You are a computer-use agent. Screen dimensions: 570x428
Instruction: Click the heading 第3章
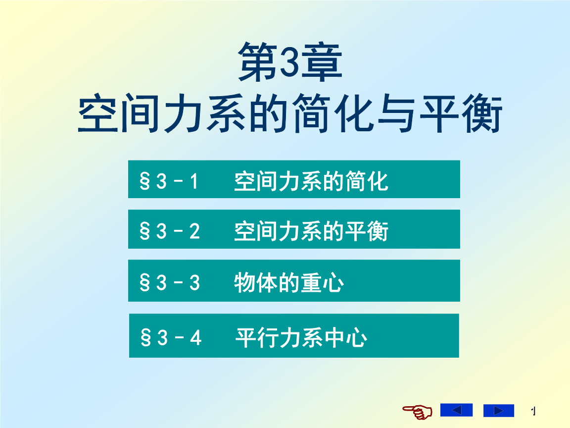coord(290,62)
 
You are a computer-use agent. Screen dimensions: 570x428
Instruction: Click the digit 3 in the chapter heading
coord(290,62)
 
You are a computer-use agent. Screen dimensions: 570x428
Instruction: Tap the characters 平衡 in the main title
coord(461,113)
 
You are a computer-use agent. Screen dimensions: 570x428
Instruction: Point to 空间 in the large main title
coord(119,113)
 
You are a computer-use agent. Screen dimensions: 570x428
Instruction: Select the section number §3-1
coord(169,181)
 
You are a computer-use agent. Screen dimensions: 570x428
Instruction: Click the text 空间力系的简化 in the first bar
coord(311,181)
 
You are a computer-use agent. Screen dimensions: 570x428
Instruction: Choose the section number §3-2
coord(170,231)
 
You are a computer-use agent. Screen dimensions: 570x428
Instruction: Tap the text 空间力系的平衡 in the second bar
coord(311,231)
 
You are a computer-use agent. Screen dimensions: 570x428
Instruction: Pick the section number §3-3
coord(170,282)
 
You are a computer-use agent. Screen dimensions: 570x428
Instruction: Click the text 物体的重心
coord(289,282)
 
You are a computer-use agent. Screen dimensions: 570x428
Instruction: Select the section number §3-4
coord(171,338)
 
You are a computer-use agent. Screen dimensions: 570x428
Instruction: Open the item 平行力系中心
coord(301,338)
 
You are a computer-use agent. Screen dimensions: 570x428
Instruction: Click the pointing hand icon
coord(417,411)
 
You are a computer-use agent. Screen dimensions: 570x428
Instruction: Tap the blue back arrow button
coord(456,410)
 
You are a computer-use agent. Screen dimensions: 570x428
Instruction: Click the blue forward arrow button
coord(498,411)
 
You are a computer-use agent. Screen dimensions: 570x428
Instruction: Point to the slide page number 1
coord(533,411)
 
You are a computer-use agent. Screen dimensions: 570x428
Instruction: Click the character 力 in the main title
coord(183,113)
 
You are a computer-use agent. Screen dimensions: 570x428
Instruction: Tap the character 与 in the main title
coord(396,113)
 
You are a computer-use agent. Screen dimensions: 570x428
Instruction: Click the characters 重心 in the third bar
coord(323,282)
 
